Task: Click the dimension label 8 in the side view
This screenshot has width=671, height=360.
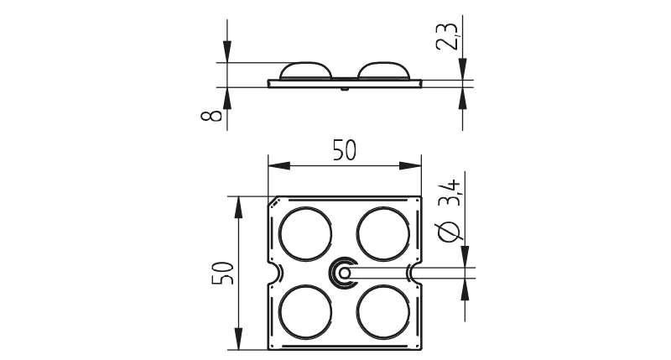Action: tap(212, 115)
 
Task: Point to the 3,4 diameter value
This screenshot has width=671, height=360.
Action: tap(450, 193)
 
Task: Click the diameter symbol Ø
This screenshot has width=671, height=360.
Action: tap(450, 232)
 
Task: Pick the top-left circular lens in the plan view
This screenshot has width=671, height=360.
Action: tap(305, 234)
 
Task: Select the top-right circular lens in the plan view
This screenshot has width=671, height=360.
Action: tap(383, 234)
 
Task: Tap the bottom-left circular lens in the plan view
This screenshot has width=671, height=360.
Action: tap(305, 312)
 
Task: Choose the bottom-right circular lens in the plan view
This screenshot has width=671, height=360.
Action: tap(383, 312)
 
